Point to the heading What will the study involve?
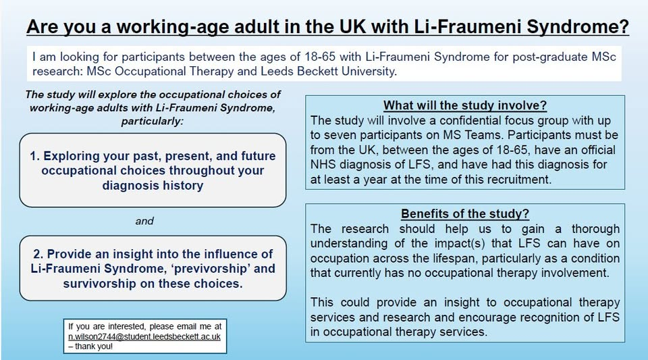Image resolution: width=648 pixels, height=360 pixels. pos(465,105)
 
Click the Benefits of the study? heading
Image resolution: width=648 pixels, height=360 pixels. pos(465,213)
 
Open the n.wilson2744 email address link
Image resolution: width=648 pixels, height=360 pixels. pos(144,336)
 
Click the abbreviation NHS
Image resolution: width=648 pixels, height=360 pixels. pos(323,165)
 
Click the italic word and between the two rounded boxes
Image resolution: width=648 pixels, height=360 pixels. pos(144,221)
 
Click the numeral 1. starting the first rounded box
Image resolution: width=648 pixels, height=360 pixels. pos(34,156)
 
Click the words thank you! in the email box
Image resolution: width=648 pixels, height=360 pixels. pos(94,346)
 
